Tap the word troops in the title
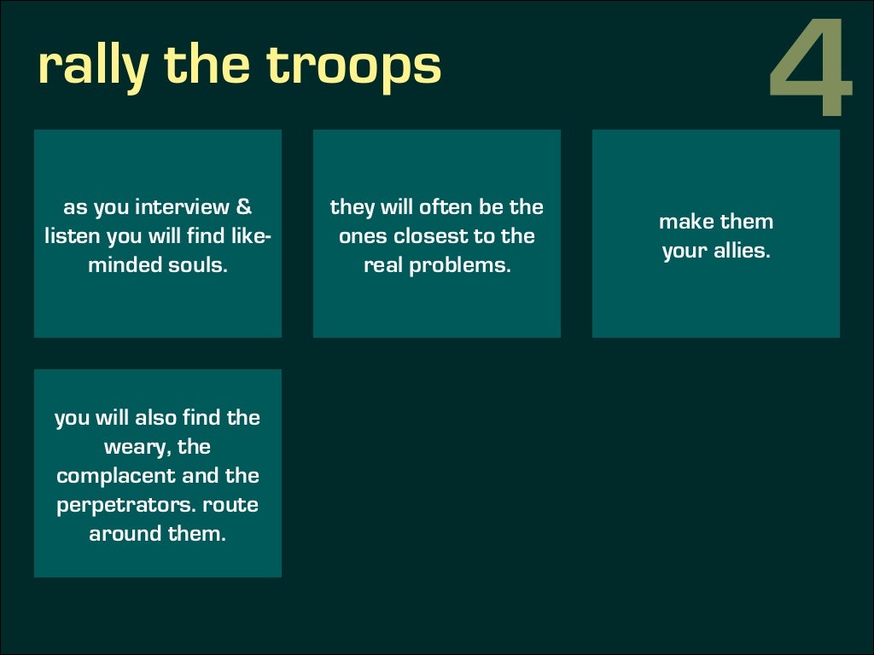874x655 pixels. pyautogui.click(x=354, y=67)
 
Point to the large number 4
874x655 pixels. pyautogui.click(x=811, y=68)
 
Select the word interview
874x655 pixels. pyautogui.click(x=182, y=207)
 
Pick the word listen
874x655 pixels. pyautogui.click(x=73, y=236)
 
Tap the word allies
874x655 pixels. pyautogui.click(x=739, y=251)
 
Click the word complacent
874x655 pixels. pyautogui.click(x=115, y=476)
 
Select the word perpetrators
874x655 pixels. pyautogui.click(x=119, y=505)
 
